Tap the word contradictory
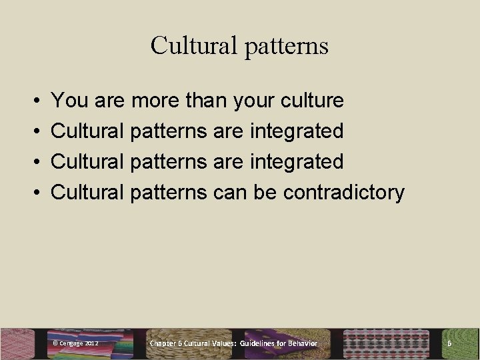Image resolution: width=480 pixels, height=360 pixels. (x=343, y=193)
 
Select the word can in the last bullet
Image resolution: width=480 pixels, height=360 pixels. (x=231, y=193)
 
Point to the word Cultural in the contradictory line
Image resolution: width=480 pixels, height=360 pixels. (x=87, y=193)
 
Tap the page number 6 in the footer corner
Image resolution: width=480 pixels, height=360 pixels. (x=449, y=343)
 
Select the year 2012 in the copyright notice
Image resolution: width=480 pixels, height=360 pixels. (x=92, y=343)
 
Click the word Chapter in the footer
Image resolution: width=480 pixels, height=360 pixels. (x=163, y=343)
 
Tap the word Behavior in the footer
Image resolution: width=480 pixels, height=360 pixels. (x=303, y=343)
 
